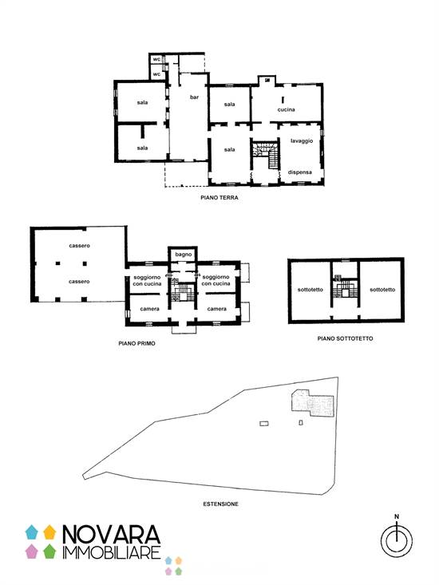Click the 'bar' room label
(x=194, y=97)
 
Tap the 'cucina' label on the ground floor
(x=286, y=109)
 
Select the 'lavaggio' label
(x=302, y=141)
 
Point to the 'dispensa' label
(x=300, y=172)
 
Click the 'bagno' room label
(x=183, y=255)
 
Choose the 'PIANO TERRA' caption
(x=219, y=198)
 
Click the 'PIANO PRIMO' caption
(x=136, y=343)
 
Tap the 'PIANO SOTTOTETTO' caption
(x=345, y=338)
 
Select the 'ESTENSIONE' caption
(x=221, y=504)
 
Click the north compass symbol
(x=397, y=540)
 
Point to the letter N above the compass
(x=397, y=516)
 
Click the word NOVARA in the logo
(x=111, y=534)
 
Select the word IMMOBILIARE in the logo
(x=112, y=552)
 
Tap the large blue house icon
(x=32, y=532)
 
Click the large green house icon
(x=49, y=551)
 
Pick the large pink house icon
(x=32, y=551)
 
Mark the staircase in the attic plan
(x=345, y=288)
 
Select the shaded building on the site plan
(x=312, y=403)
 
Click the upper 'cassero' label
(x=80, y=246)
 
